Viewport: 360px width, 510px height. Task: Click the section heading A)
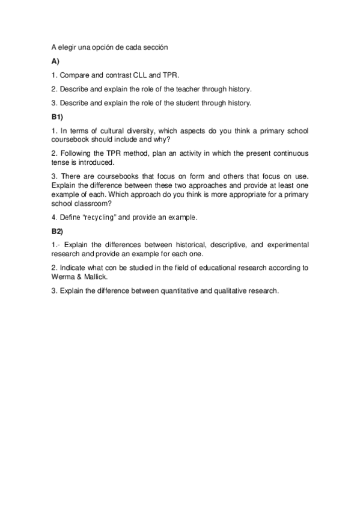pyautogui.click(x=55, y=61)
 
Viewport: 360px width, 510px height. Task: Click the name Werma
pyautogui.click(x=62, y=277)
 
